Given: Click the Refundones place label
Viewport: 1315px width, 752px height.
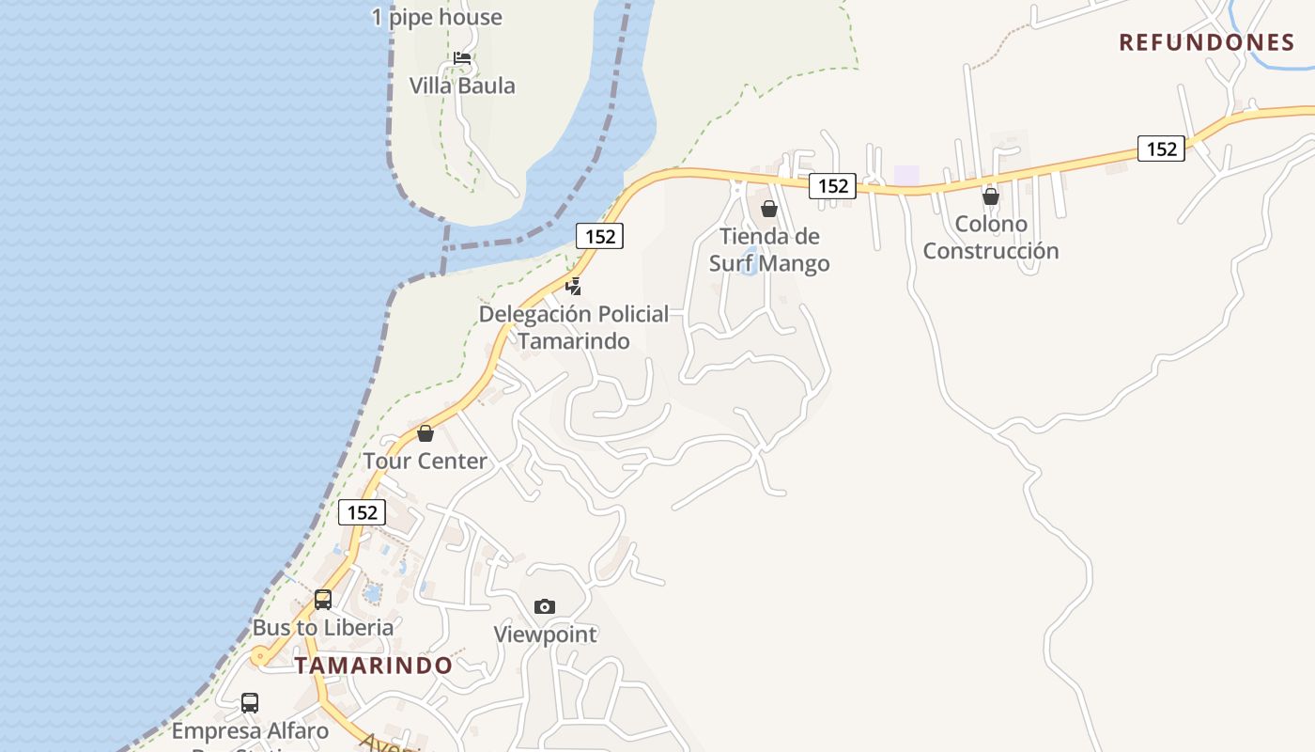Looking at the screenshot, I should [x=1207, y=42].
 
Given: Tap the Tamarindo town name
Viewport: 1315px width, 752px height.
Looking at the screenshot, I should [x=374, y=666].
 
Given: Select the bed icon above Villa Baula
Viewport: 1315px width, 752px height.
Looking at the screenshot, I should [x=462, y=58].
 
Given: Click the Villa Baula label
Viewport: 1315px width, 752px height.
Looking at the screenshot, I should [x=462, y=86].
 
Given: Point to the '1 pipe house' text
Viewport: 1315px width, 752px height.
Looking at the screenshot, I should [x=437, y=17].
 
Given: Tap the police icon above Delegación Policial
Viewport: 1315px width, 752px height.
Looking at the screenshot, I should [x=573, y=286].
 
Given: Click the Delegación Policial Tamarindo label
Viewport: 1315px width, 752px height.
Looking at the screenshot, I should [x=574, y=327].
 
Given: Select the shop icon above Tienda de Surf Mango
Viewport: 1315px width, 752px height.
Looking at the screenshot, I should [x=769, y=209].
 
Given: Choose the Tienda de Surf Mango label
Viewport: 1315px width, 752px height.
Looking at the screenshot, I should [x=769, y=250].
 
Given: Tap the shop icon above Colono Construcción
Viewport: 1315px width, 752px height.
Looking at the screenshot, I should [x=990, y=196].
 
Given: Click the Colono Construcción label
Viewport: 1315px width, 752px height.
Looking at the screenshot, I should [x=991, y=238].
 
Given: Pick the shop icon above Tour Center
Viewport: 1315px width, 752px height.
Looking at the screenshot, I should [x=425, y=433].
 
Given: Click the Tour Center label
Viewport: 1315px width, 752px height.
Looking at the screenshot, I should [x=425, y=462].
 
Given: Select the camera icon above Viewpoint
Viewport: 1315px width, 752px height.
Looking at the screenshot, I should [x=545, y=606].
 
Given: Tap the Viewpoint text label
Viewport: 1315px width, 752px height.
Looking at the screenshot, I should [x=546, y=634].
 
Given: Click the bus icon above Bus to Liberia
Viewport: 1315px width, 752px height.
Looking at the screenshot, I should [x=323, y=599].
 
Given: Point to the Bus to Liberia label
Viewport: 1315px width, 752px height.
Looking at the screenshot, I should [x=323, y=627].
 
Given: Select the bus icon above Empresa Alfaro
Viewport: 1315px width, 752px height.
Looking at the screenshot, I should [x=250, y=702].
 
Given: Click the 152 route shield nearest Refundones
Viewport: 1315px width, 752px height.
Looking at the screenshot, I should [x=1161, y=149].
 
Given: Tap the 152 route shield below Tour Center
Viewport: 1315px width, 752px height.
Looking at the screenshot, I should [x=362, y=512].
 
